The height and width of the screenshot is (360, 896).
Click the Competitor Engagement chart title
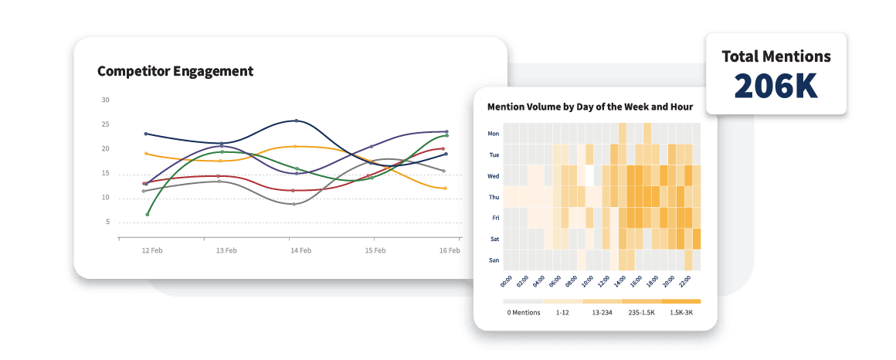[175, 72]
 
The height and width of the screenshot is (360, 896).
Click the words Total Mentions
[776, 56]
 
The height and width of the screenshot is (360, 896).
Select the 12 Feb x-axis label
[152, 251]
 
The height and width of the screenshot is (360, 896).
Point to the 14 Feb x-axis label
[300, 251]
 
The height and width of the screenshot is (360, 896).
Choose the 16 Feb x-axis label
[450, 251]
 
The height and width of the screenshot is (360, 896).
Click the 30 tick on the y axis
[106, 100]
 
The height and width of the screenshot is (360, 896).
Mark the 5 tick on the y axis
[107, 222]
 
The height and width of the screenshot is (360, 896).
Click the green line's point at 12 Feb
[147, 214]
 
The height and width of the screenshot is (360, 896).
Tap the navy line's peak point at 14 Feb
[297, 121]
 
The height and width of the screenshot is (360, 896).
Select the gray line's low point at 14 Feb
[294, 204]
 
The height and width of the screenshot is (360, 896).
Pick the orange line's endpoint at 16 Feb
[445, 188]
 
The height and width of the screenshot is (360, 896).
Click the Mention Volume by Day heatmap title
[590, 107]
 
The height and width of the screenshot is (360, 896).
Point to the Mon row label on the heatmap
[494, 134]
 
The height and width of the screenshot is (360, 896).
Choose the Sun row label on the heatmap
[494, 260]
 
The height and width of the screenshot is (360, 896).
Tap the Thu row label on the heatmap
[494, 197]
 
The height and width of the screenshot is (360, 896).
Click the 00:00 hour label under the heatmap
[507, 281]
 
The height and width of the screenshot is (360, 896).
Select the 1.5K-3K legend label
[680, 312]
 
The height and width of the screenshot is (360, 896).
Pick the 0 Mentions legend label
[523, 312]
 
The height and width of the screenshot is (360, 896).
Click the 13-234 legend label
[602, 312]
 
